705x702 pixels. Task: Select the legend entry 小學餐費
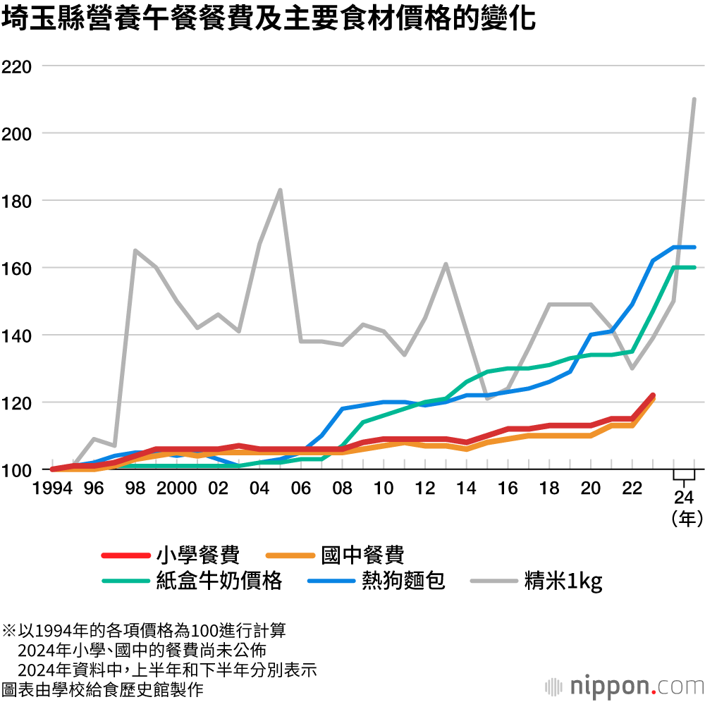tap(198, 555)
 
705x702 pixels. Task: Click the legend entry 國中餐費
tap(362, 555)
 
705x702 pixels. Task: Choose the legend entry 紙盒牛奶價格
tap(219, 580)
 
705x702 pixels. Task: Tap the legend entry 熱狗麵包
tap(403, 580)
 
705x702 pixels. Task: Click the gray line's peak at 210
tap(694, 99)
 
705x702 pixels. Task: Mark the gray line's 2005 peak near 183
tap(280, 190)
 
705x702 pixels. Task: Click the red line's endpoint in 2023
tap(653, 396)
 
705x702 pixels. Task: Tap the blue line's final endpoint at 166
tap(694, 247)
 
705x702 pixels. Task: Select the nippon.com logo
tap(625, 686)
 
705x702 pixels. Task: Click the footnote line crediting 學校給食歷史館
tap(102, 687)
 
